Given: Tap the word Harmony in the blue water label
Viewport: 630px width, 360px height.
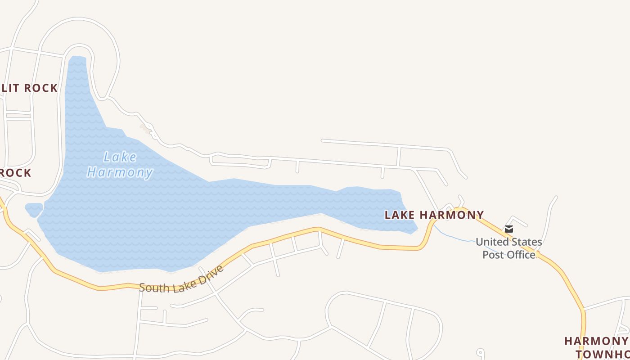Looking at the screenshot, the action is click(120, 172).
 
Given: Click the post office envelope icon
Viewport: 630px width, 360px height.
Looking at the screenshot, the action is click(508, 229).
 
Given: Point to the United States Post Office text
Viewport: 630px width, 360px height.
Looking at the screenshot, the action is click(508, 248).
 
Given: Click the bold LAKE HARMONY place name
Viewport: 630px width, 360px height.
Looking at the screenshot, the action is click(434, 215).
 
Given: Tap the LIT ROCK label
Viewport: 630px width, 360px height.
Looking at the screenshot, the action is click(30, 88).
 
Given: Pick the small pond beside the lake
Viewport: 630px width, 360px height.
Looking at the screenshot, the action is click(34, 209).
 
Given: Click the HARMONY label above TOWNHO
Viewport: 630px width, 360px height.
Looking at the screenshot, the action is click(596, 341).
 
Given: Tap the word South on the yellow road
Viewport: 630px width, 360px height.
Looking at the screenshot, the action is click(151, 287).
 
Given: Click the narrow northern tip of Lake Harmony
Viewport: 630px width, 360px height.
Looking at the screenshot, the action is click(77, 61).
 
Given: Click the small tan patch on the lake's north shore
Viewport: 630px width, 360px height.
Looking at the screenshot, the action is click(145, 129).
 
